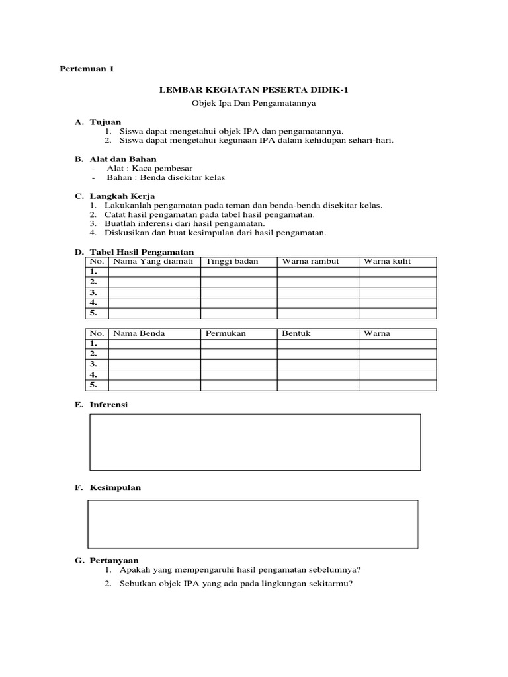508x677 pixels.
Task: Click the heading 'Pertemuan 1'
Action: tap(87, 69)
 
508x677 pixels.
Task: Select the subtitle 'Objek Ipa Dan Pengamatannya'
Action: tap(254, 104)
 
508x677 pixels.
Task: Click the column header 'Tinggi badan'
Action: tap(232, 262)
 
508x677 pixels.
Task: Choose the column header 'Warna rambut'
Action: tap(310, 262)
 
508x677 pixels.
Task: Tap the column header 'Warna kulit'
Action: tap(387, 262)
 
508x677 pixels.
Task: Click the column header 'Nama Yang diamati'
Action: tap(153, 262)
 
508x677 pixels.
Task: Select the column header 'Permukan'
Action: tap(226, 333)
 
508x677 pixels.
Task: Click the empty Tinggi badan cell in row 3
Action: tap(238, 292)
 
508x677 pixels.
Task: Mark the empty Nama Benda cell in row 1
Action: tap(154, 344)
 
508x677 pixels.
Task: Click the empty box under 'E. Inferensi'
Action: tap(255, 442)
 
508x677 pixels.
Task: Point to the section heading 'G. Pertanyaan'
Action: tap(106, 560)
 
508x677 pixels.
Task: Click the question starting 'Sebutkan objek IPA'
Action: tap(236, 584)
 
